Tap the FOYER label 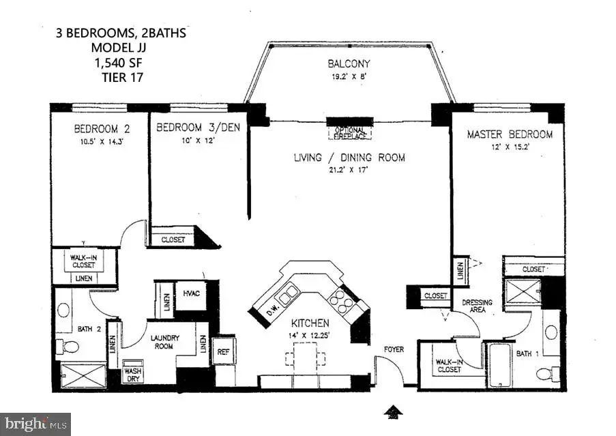tap(394, 349)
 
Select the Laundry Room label tap(158, 341)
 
